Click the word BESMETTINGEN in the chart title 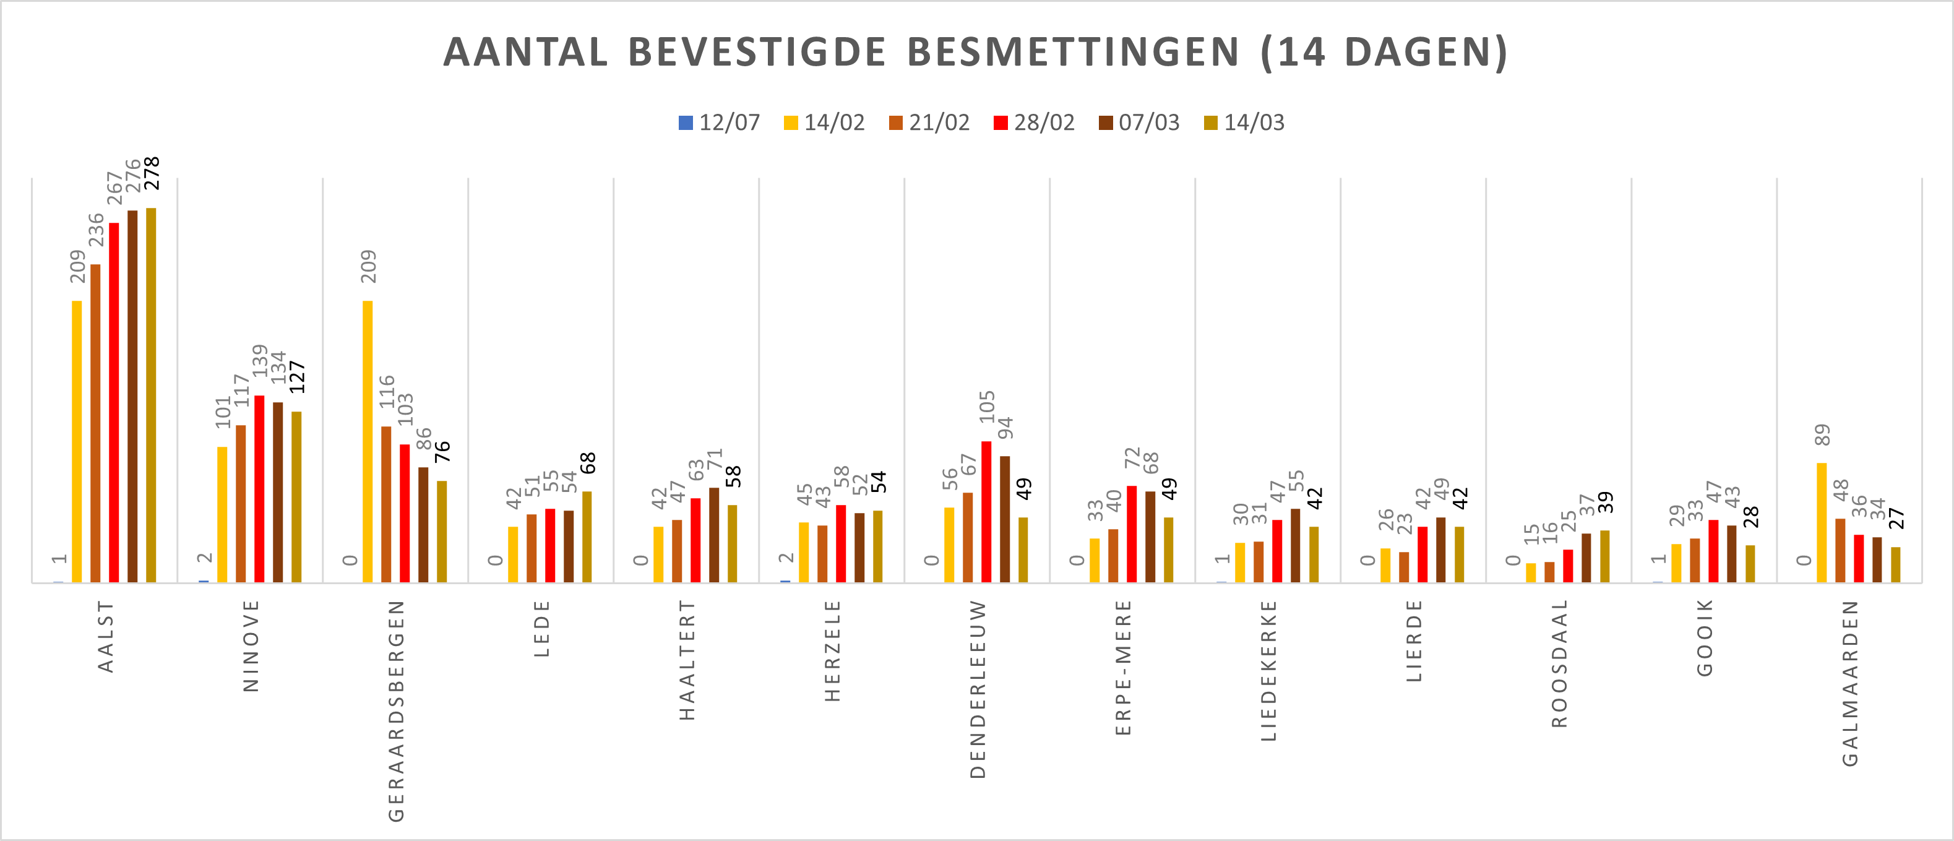[x=1072, y=53]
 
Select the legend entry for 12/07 [x=719, y=123]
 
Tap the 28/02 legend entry [x=1034, y=123]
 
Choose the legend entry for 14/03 [x=1244, y=123]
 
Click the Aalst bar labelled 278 [x=151, y=394]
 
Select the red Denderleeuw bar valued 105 [x=986, y=512]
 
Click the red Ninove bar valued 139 [x=259, y=489]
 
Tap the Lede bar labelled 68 [x=587, y=537]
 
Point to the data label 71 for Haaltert [x=715, y=460]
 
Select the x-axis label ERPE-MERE [x=1124, y=667]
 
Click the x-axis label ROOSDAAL [x=1560, y=663]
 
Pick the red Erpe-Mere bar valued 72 [x=1132, y=534]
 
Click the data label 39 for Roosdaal [x=1606, y=502]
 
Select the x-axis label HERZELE [x=833, y=650]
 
